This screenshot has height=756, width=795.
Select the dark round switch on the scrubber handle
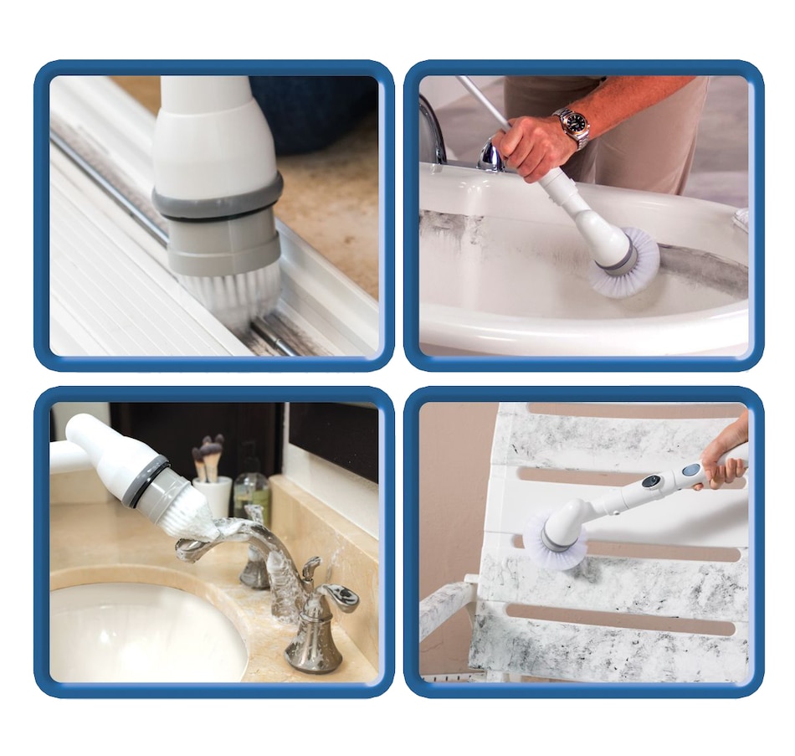pos(651,482)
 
